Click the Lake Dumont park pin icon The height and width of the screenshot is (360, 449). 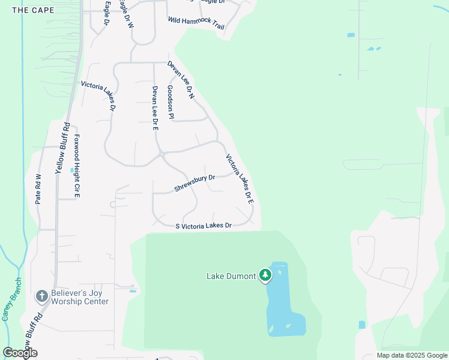[265, 275]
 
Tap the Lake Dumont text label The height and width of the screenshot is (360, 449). [232, 277]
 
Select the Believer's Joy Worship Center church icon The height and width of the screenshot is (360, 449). [41, 296]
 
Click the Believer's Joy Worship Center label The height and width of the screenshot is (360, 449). [79, 297]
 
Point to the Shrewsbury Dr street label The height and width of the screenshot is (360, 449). [194, 184]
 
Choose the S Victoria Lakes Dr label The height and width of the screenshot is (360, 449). [203, 226]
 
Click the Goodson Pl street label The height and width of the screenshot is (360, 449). [170, 102]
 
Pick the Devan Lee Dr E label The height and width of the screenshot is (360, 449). [155, 108]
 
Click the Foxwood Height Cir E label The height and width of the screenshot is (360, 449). [77, 166]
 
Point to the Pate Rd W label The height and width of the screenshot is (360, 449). [38, 189]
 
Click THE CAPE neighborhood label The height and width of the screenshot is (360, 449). [33, 10]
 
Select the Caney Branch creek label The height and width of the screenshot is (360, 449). [12, 299]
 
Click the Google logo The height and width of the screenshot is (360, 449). [20, 352]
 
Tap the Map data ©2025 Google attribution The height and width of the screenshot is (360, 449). [411, 355]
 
